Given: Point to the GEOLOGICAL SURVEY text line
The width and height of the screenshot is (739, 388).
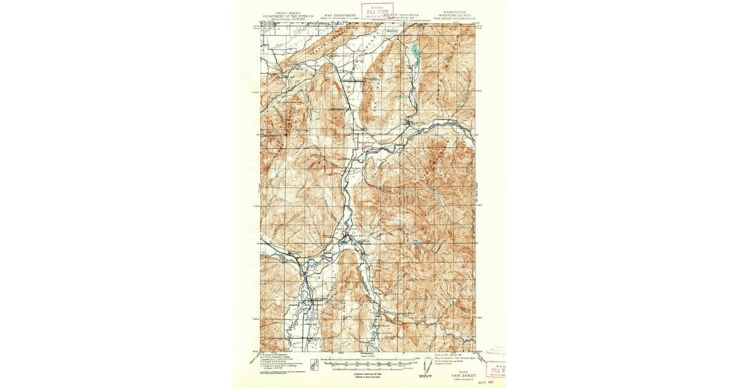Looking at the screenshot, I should pos(288,18).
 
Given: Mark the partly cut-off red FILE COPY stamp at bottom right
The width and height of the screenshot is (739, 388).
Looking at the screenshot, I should pos(495,370).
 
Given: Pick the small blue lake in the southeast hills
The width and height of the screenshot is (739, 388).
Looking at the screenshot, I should pos(419,243).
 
